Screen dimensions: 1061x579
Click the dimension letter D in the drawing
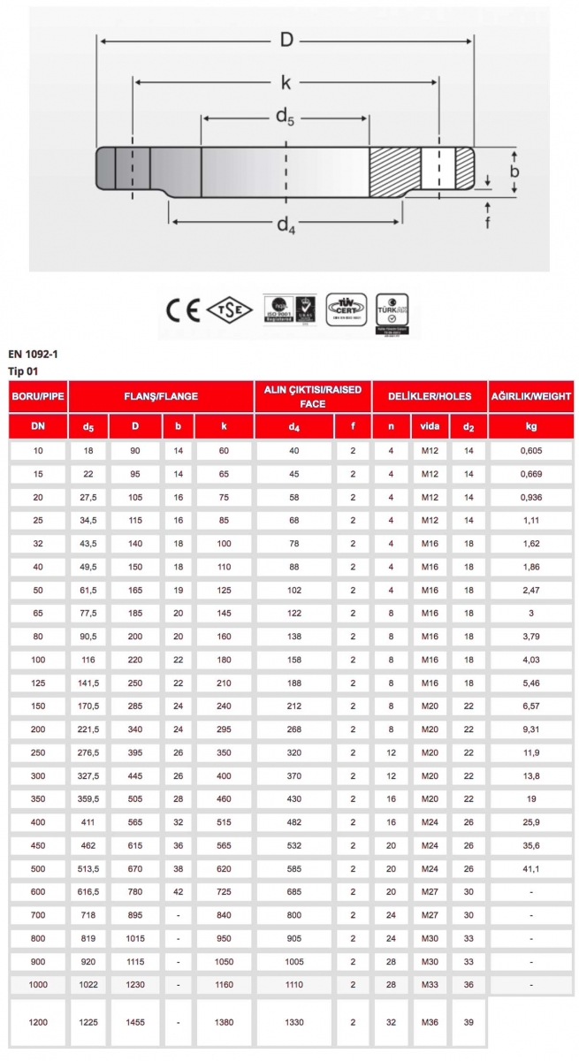286,40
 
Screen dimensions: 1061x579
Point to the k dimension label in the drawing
286,82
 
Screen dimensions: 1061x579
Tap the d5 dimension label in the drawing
285,118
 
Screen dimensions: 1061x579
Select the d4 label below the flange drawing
285,225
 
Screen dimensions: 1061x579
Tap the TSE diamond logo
230,310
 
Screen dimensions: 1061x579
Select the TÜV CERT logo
346,309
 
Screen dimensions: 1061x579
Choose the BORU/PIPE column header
38,397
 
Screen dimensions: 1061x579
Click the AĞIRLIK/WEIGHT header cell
530,397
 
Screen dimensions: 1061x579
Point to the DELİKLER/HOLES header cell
430,397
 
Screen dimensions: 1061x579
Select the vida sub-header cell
430,426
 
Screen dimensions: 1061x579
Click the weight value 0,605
530,451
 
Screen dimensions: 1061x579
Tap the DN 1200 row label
38,1022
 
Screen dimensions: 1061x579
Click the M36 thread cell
430,1022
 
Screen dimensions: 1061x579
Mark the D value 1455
135,1022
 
